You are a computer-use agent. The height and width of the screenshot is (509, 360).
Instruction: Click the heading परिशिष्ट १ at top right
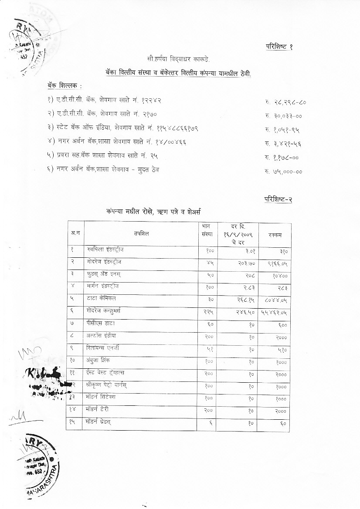point(279,47)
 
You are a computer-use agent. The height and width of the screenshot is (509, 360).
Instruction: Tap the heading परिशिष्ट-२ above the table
point(278,199)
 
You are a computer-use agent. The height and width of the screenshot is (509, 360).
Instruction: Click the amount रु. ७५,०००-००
point(283,172)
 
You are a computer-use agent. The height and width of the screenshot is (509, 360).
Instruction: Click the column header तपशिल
point(142,234)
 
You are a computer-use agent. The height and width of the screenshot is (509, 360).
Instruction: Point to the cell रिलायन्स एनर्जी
point(104,348)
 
